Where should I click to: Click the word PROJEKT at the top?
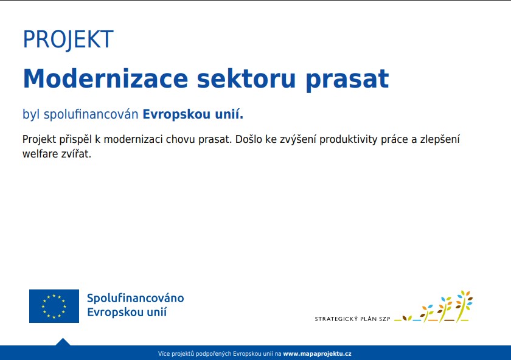68,40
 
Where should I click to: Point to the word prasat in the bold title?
347,80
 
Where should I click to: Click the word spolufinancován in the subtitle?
91,114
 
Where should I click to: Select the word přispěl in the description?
75,140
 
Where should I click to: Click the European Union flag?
54,306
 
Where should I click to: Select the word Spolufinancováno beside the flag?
135,298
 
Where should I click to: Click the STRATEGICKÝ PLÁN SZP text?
352,319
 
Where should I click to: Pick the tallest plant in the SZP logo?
464,306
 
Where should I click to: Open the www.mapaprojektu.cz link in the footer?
317,353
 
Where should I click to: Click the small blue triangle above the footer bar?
63,342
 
